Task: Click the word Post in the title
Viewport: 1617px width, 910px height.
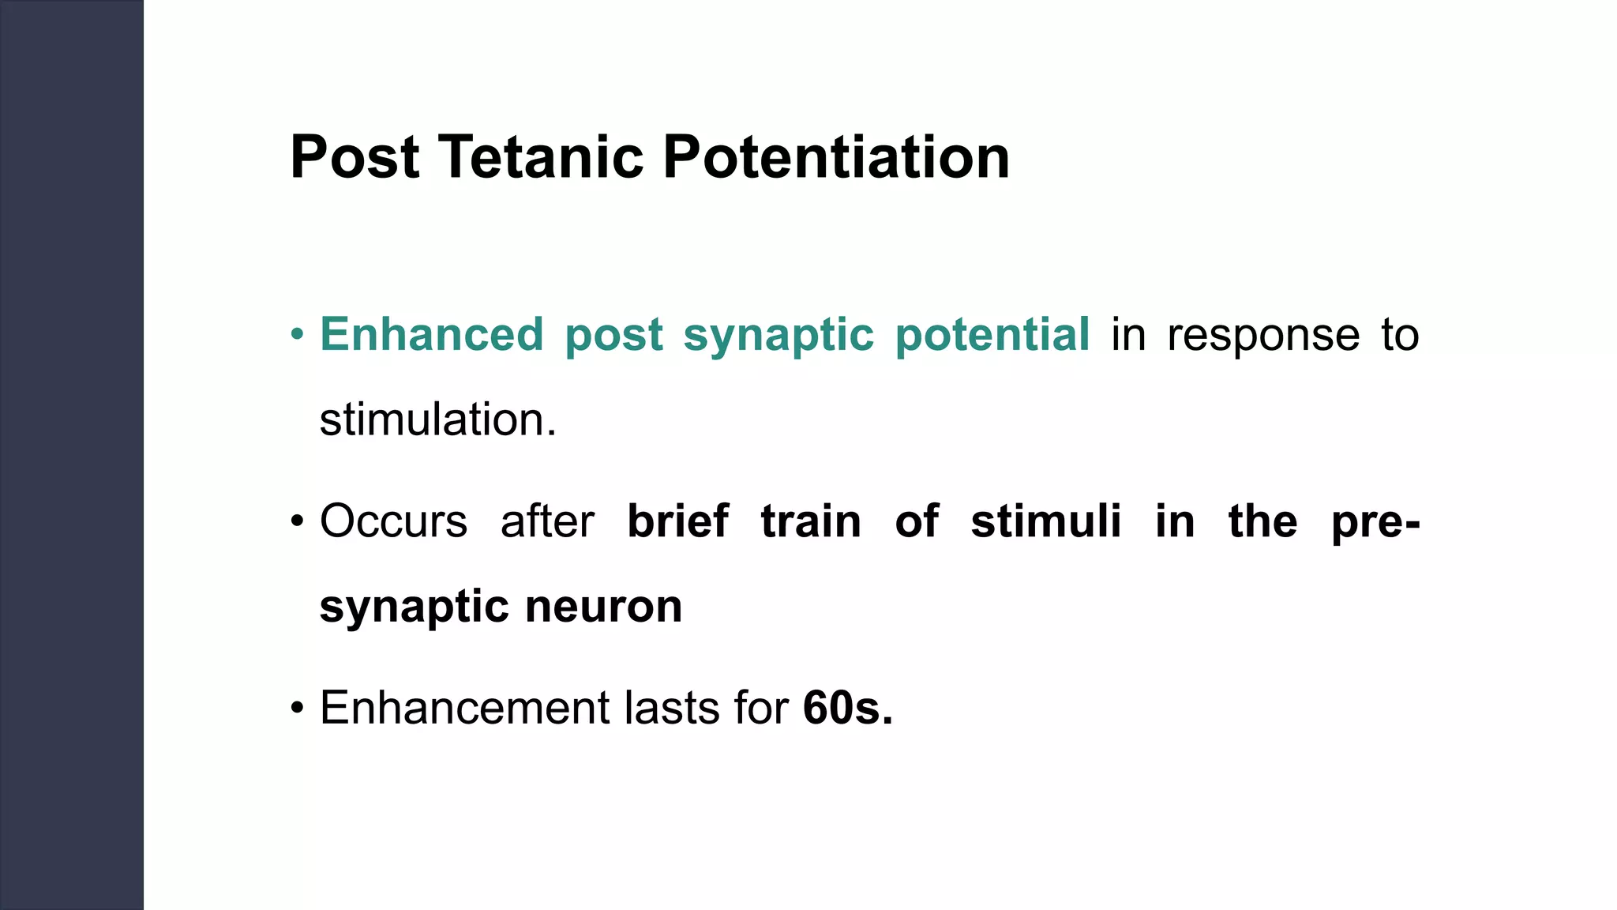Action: tap(355, 157)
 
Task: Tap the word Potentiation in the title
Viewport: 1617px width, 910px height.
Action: tap(836, 157)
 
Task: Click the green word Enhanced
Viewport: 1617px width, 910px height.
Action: tap(432, 334)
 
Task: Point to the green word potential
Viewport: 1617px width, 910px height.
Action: tap(992, 336)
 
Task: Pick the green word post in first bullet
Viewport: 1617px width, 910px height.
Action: tap(613, 336)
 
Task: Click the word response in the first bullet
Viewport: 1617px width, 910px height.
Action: tap(1263, 336)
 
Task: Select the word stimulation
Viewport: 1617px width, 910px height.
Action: tap(437, 419)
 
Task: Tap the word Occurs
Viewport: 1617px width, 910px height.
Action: tap(393, 521)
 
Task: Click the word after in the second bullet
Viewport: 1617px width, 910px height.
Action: tap(547, 521)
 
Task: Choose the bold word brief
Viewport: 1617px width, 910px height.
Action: tap(677, 521)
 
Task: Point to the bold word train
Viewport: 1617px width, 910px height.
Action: tap(811, 521)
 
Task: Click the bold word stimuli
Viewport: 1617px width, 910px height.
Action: tap(1046, 521)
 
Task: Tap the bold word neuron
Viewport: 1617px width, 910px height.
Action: tap(603, 607)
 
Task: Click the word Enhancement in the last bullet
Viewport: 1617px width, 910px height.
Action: tap(464, 707)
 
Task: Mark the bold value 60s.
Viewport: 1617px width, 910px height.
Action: tap(847, 707)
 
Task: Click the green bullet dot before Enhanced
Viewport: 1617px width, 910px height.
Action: tap(297, 335)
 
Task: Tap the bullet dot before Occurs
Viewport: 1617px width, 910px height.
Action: tap(297, 522)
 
